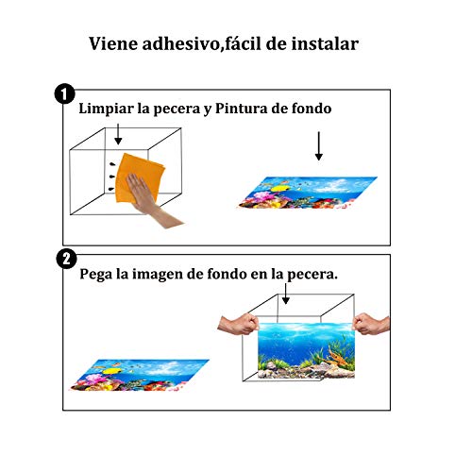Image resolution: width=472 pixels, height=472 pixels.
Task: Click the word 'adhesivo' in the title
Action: [179, 43]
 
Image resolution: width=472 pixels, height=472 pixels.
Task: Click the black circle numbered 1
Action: [64, 93]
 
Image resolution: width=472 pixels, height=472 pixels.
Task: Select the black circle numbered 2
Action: [66, 259]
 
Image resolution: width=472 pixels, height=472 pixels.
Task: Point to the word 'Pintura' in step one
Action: [242, 109]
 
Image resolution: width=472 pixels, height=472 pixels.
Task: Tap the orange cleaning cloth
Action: [139, 177]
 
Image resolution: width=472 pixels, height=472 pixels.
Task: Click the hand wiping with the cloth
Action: [151, 200]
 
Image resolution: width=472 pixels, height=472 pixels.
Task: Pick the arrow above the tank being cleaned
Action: [118, 134]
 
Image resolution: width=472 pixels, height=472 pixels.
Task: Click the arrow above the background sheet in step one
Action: [319, 146]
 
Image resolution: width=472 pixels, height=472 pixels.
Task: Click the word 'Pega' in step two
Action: [95, 275]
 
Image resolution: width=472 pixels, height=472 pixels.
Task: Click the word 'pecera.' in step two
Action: [312, 275]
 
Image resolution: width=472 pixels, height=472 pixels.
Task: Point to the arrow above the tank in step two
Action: [285, 294]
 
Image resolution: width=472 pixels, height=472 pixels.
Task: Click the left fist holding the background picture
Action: [239, 325]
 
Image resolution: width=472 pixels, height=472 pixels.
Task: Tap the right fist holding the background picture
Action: [371, 324]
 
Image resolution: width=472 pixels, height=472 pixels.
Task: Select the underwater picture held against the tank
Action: [306, 350]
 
